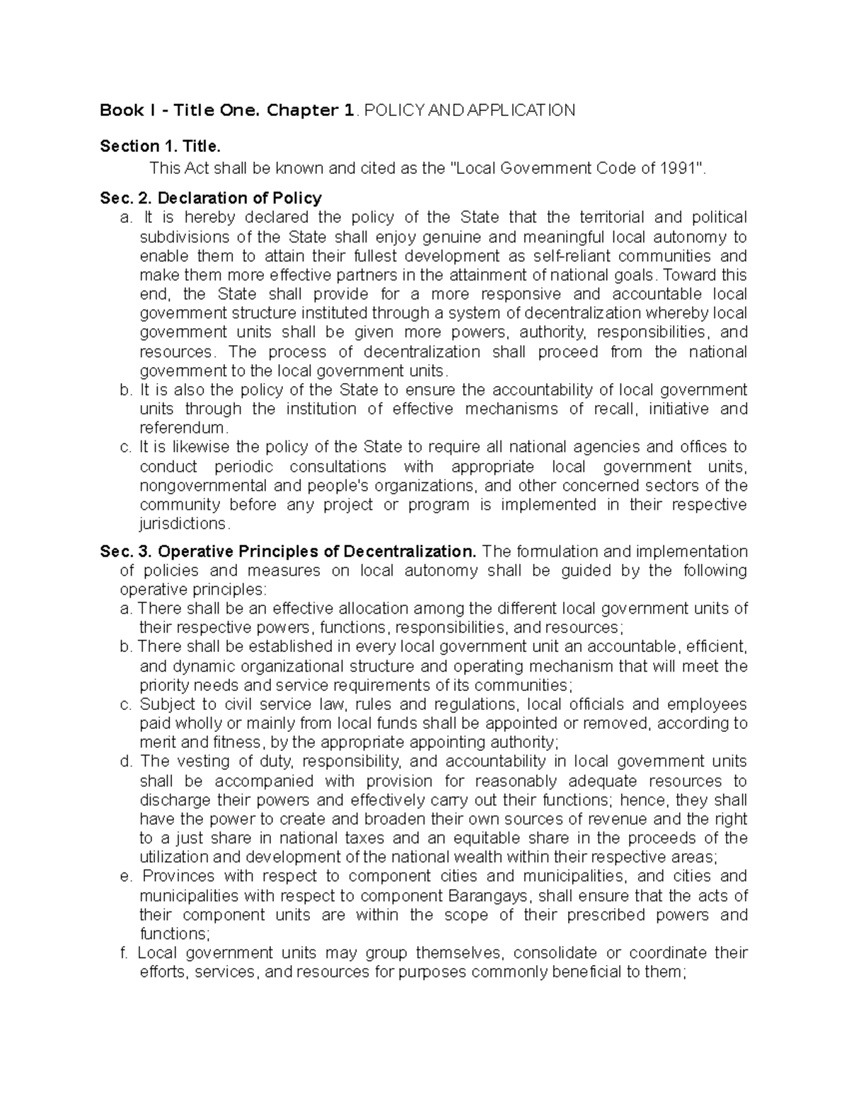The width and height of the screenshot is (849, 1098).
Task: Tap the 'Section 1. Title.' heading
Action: coord(161,146)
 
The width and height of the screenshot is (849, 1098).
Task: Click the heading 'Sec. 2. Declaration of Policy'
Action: coord(211,198)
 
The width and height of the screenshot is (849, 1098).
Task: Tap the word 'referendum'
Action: coord(182,428)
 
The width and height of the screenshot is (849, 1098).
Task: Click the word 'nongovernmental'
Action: coord(203,486)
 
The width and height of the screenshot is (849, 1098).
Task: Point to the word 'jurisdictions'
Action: coord(183,524)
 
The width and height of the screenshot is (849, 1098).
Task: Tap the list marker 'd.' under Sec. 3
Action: coord(126,761)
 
